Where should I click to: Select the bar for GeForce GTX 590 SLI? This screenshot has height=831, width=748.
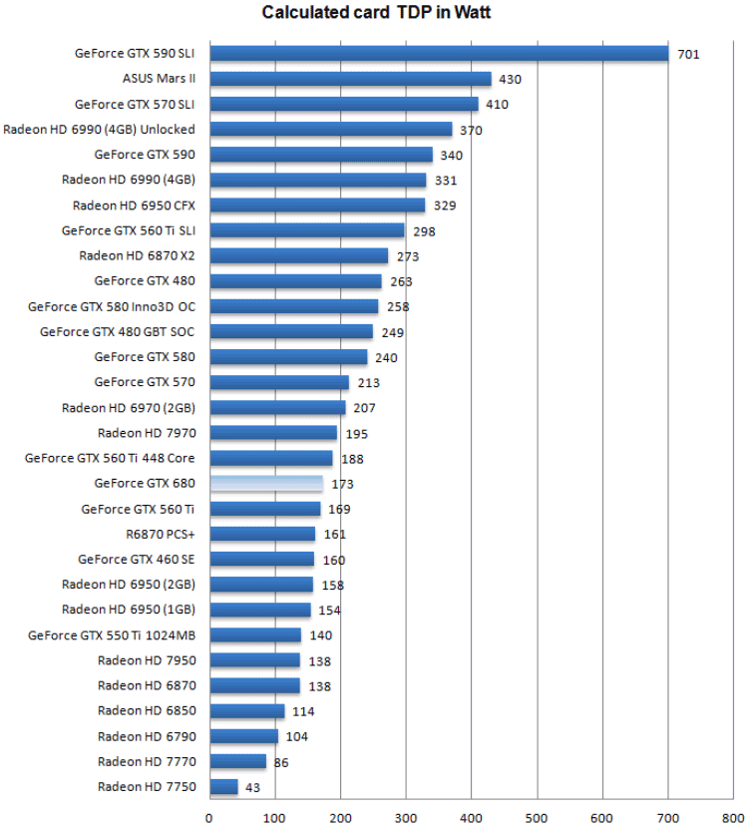(x=439, y=53)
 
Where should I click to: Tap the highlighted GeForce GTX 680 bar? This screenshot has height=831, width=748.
(x=266, y=484)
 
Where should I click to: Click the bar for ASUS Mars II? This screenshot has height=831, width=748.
(x=350, y=78)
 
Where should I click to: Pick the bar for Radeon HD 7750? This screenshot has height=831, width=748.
(x=223, y=787)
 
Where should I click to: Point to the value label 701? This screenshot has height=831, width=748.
(x=688, y=54)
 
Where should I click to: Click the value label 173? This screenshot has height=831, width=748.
(x=343, y=484)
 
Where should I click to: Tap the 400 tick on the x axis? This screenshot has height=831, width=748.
(x=472, y=818)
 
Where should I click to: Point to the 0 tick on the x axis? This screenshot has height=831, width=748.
(x=209, y=818)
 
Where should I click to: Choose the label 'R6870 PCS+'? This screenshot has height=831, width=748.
(x=160, y=534)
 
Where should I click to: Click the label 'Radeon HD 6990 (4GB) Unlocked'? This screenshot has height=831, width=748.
(x=100, y=129)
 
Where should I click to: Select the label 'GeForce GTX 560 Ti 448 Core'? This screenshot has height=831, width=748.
(x=110, y=458)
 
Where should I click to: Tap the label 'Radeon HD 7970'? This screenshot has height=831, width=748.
(x=147, y=433)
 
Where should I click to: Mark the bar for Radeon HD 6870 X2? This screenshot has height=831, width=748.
(x=299, y=255)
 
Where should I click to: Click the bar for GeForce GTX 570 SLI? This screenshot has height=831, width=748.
(x=344, y=104)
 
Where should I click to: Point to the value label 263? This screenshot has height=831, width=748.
(x=401, y=281)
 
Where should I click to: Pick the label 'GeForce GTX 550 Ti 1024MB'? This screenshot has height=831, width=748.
(x=112, y=634)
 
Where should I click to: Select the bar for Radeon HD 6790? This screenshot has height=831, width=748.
(x=243, y=736)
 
